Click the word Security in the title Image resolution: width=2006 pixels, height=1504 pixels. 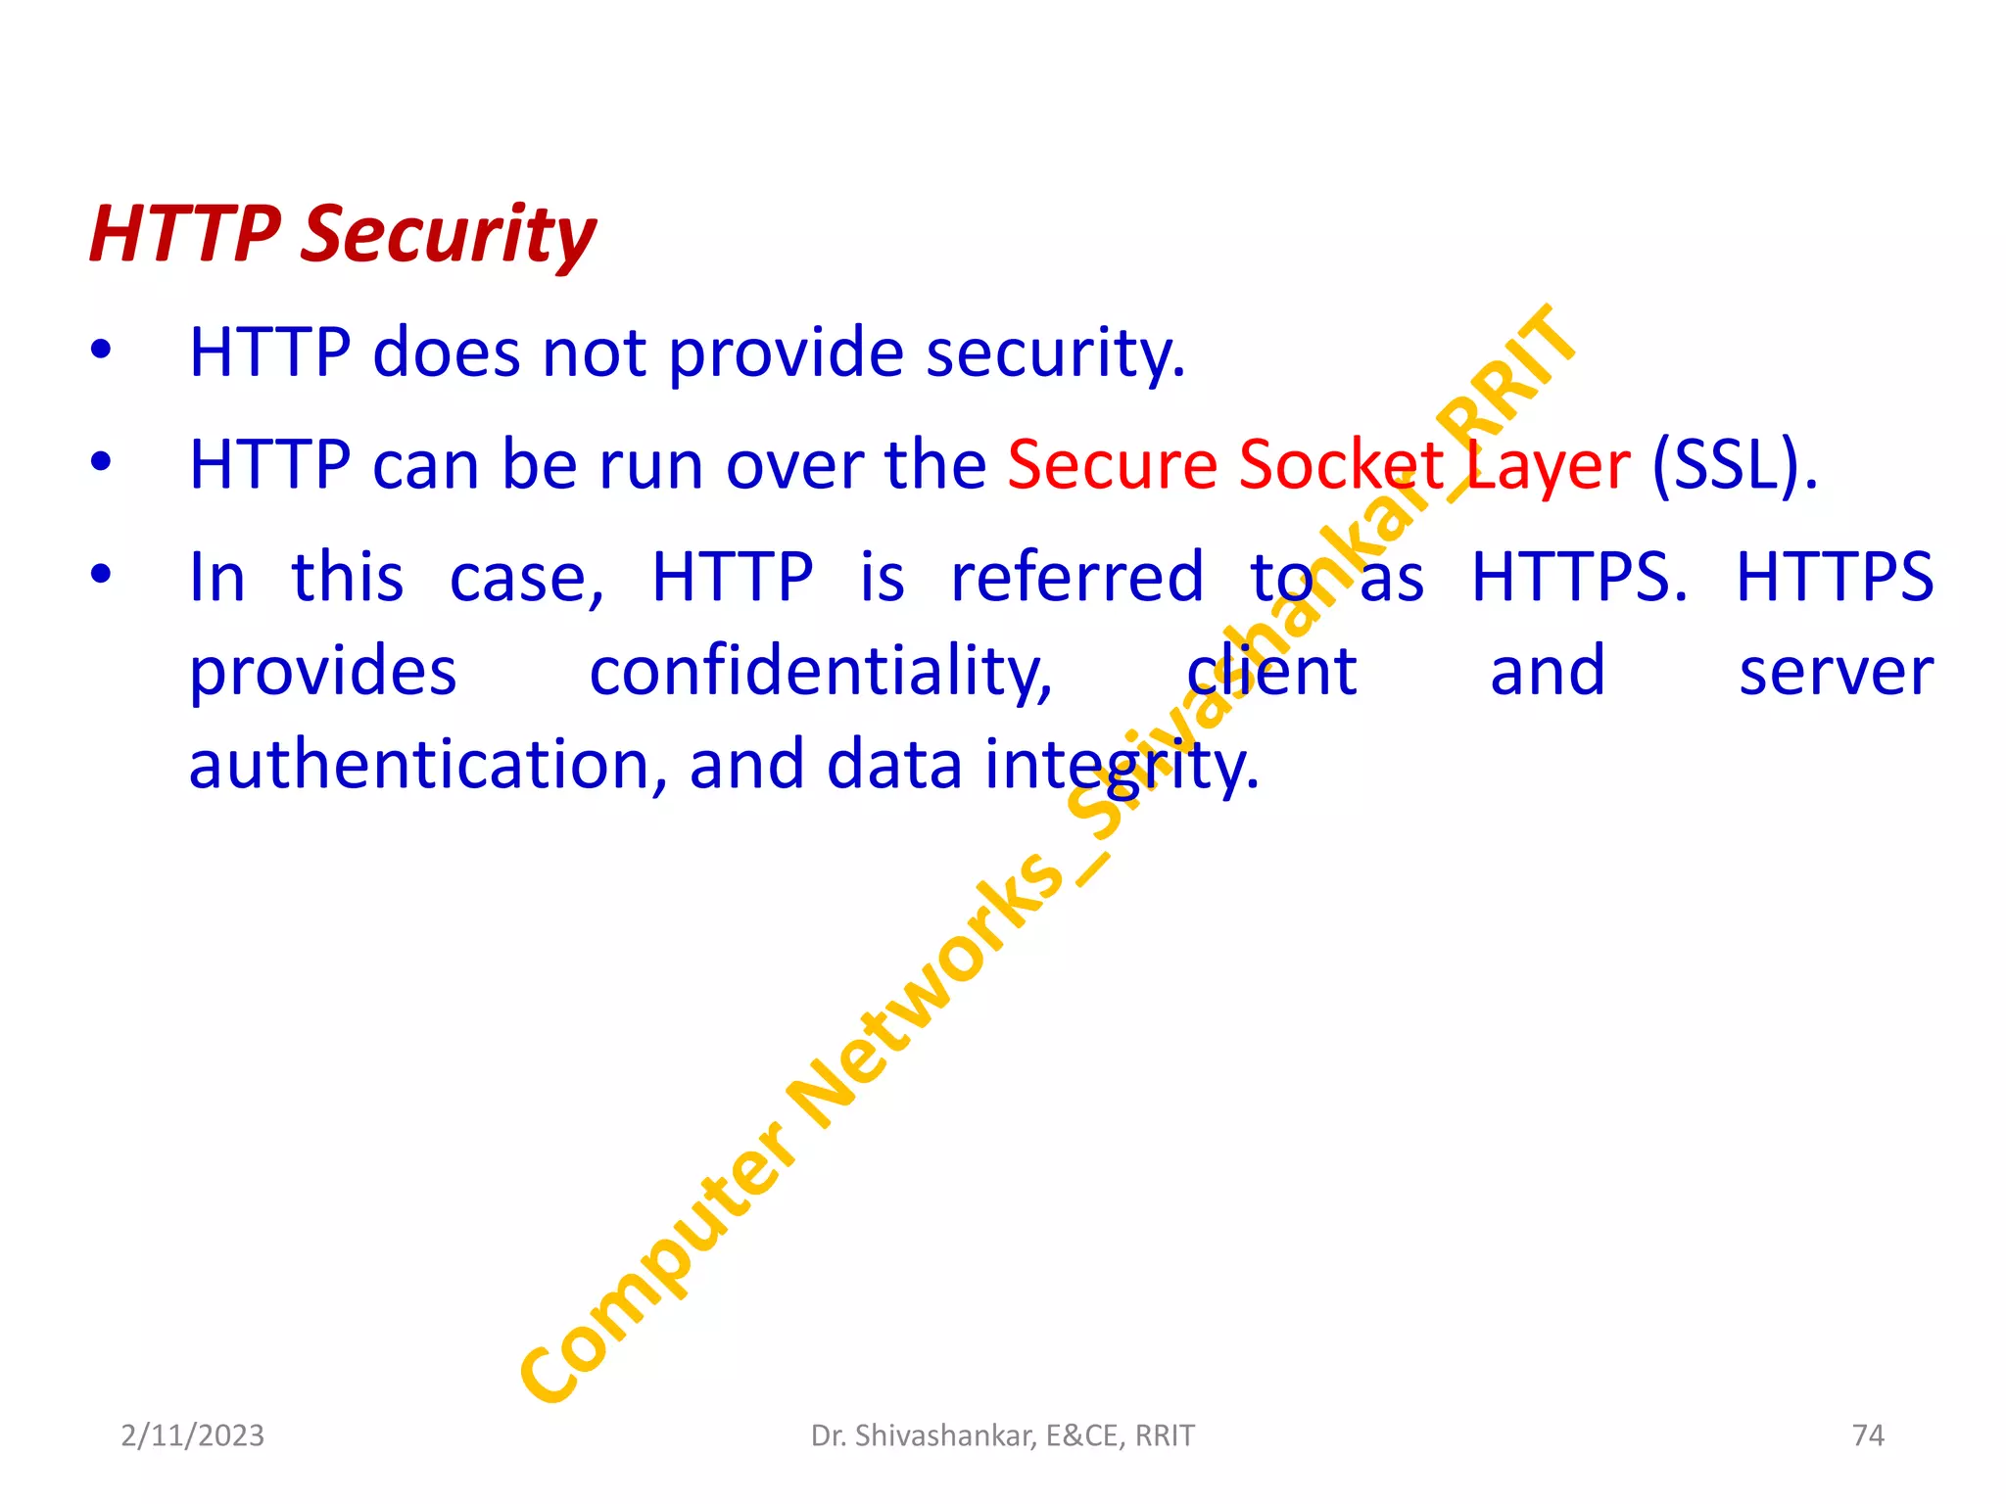click(448, 235)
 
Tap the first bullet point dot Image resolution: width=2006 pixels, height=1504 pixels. click(100, 350)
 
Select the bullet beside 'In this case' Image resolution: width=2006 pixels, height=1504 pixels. click(100, 574)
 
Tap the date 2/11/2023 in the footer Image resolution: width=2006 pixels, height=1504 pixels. click(192, 1435)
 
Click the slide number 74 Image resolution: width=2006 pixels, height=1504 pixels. click(1868, 1435)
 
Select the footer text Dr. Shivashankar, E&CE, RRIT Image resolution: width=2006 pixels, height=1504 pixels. click(1002, 1435)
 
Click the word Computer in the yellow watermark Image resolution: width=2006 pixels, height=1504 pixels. click(656, 1263)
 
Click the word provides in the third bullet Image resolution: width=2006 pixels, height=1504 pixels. click(322, 674)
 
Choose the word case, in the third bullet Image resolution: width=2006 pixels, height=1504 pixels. click(527, 578)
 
